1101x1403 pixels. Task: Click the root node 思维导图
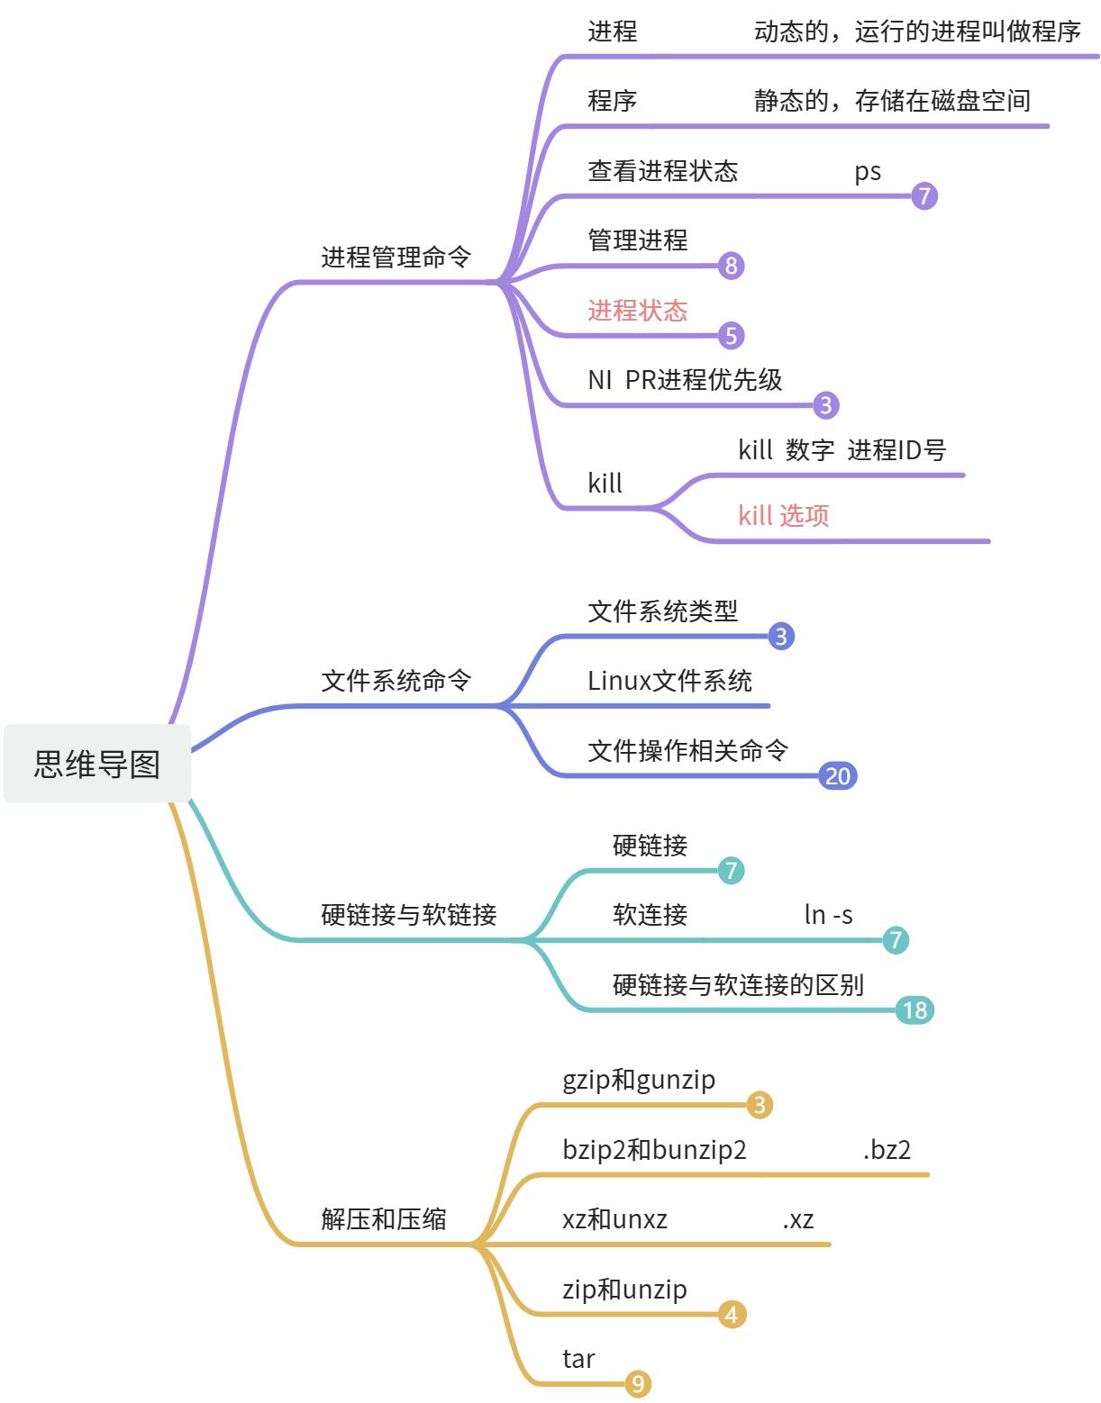tap(97, 764)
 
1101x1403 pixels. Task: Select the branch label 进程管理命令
tap(396, 258)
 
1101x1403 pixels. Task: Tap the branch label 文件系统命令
tap(396, 681)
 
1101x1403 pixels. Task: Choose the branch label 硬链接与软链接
tap(409, 915)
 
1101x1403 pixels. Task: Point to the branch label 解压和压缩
tap(384, 1219)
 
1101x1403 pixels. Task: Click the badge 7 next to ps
tap(924, 195)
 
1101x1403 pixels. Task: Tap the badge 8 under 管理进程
tap(732, 266)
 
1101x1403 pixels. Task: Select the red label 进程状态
tap(637, 311)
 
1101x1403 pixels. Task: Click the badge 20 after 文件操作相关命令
tap(838, 775)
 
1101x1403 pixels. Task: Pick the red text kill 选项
tap(783, 516)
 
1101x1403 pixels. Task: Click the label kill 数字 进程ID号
tap(842, 449)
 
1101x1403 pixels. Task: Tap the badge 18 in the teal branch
tap(914, 1010)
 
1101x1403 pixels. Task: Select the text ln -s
tap(828, 915)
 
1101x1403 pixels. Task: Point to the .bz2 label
tap(887, 1150)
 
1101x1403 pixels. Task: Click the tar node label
tap(578, 1359)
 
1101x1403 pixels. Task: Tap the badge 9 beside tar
tap(638, 1384)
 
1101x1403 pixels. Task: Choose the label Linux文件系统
tap(669, 681)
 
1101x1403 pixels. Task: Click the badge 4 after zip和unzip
tap(732, 1315)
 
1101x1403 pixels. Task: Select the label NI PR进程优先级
tap(685, 380)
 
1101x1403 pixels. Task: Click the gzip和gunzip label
tap(639, 1080)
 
